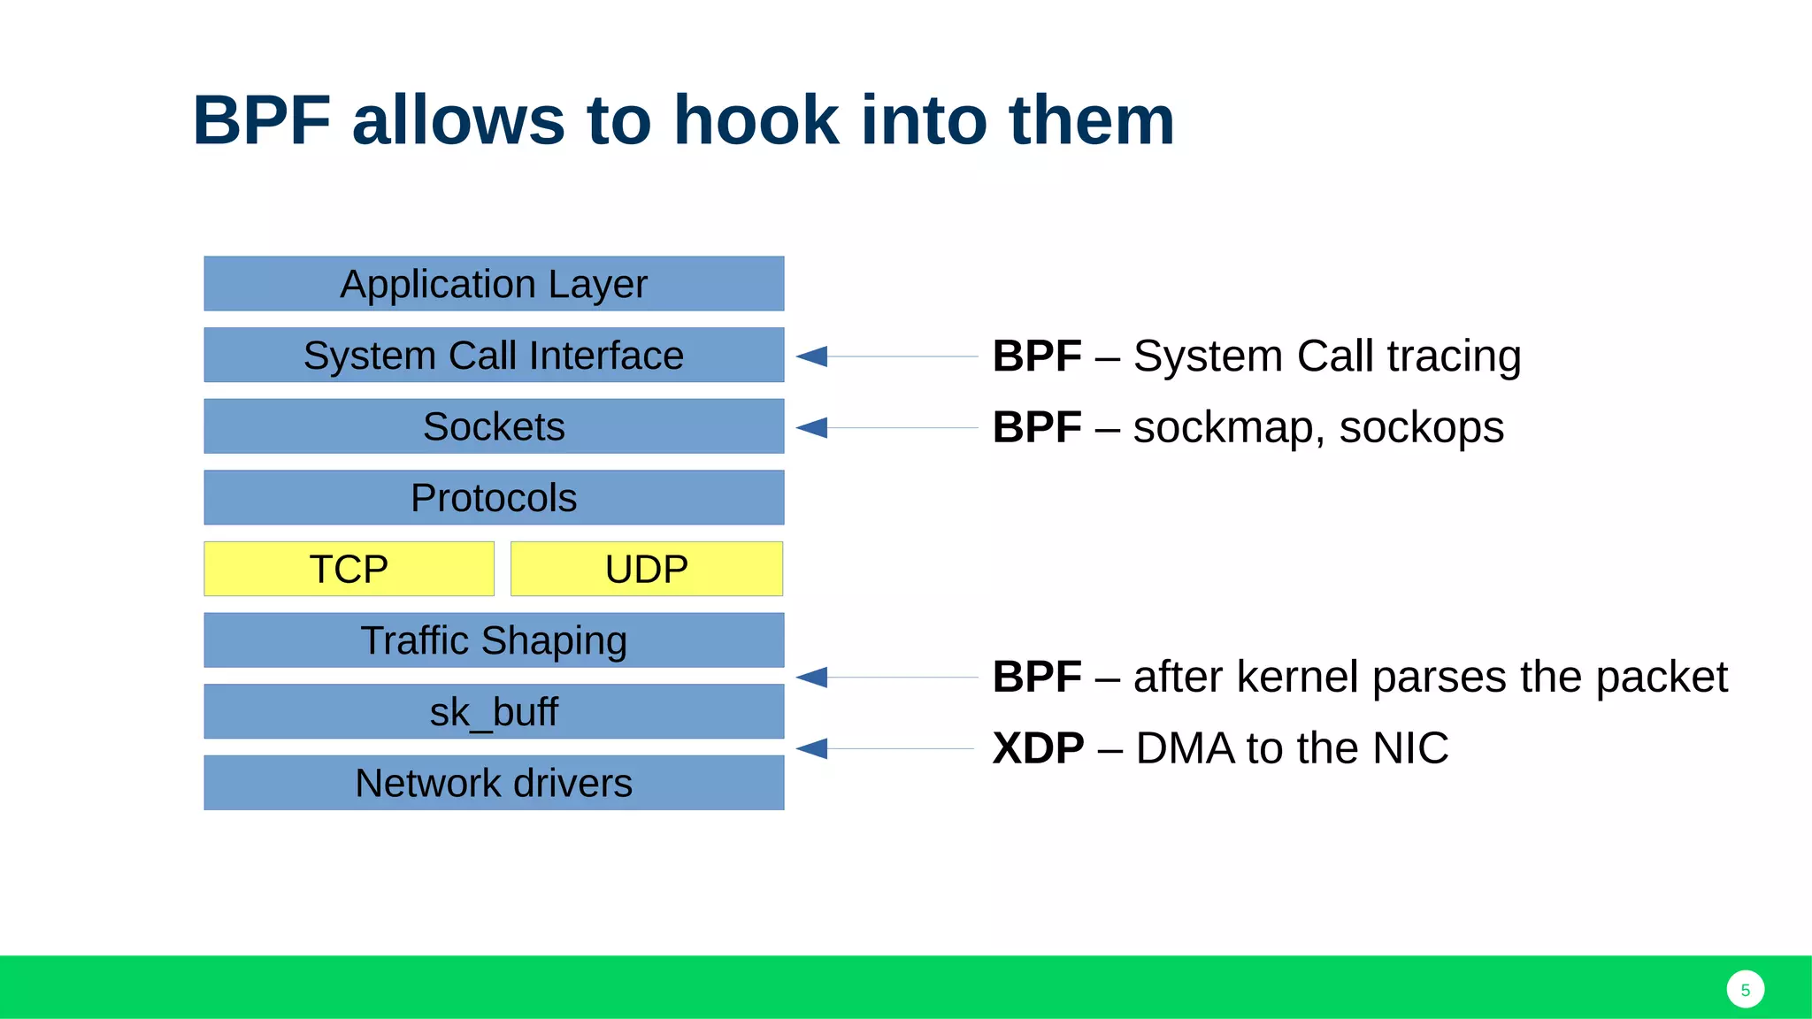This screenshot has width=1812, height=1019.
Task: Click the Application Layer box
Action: [x=494, y=284]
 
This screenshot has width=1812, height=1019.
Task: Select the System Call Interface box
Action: [x=494, y=356]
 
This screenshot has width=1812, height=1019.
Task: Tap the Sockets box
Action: [x=494, y=426]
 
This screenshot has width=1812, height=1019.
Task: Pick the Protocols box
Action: [x=494, y=498]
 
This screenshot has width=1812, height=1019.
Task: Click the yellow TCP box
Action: [x=349, y=569]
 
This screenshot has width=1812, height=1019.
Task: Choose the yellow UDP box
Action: [x=647, y=569]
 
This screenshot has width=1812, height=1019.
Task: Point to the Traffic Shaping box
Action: [x=494, y=640]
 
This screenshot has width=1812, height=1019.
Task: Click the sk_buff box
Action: [x=494, y=711]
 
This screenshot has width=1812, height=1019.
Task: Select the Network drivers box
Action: [x=494, y=783]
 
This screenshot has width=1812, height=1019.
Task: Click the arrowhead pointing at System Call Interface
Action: [x=812, y=356]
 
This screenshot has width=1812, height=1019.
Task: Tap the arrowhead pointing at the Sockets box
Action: [x=812, y=428]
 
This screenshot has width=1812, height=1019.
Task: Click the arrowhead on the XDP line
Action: [x=812, y=749]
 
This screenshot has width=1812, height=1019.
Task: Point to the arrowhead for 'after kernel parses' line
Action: [x=812, y=678]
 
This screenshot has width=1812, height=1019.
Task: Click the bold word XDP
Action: [x=1038, y=748]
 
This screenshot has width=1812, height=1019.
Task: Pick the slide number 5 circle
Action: [x=1745, y=990]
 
